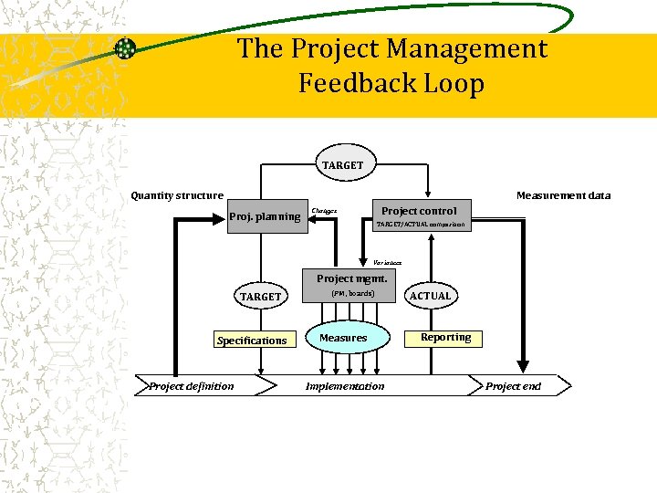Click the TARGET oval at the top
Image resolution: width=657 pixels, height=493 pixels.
pos(342,165)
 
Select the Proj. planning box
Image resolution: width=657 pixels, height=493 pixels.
pos(264,216)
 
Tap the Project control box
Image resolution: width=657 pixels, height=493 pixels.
pos(419,211)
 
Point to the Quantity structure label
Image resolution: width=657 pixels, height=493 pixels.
pos(177,195)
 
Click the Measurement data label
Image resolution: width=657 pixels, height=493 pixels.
pos(563,195)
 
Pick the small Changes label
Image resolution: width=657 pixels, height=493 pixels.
pos(324,211)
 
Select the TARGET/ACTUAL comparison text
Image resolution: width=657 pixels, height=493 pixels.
pos(421,225)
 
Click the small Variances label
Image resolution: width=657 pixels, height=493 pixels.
pos(387,263)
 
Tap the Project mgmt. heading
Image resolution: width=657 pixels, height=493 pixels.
pos(351,278)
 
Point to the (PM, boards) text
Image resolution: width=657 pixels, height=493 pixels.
pos(352,293)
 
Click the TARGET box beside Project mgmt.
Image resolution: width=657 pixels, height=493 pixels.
pos(260,297)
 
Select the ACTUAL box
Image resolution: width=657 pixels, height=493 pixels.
pos(430,296)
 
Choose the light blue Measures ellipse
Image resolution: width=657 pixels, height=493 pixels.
pos(343,338)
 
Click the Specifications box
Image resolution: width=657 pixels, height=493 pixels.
pos(252,341)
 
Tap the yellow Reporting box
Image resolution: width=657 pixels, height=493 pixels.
pos(445,338)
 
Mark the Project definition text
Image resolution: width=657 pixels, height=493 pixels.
pos(192,386)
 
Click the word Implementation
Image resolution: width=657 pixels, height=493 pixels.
pos(345,386)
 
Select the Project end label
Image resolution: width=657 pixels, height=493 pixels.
pos(513,386)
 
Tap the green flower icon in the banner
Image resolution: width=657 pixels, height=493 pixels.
pos(126,48)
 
